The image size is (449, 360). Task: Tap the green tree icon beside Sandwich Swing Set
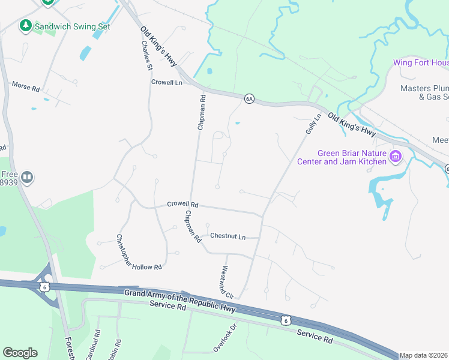point(25,26)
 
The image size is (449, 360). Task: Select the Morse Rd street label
point(25,86)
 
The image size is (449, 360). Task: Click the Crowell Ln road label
point(166,82)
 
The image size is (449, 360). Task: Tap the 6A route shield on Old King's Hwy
point(249,98)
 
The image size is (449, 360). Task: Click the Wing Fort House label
point(420,62)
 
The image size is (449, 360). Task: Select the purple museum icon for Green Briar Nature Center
point(395,157)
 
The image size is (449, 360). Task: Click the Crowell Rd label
point(182,205)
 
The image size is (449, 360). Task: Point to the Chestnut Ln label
point(228,237)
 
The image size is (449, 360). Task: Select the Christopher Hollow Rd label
point(138,252)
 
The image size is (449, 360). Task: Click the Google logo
point(20,353)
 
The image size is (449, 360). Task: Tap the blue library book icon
point(26,177)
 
